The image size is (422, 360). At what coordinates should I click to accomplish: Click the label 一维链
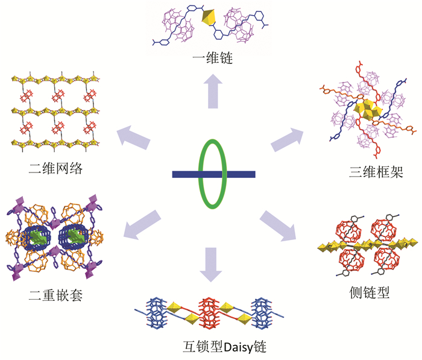(x=211, y=59)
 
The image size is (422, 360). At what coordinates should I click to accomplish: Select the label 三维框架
(x=359, y=172)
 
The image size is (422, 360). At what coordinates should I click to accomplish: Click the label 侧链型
(x=370, y=293)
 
